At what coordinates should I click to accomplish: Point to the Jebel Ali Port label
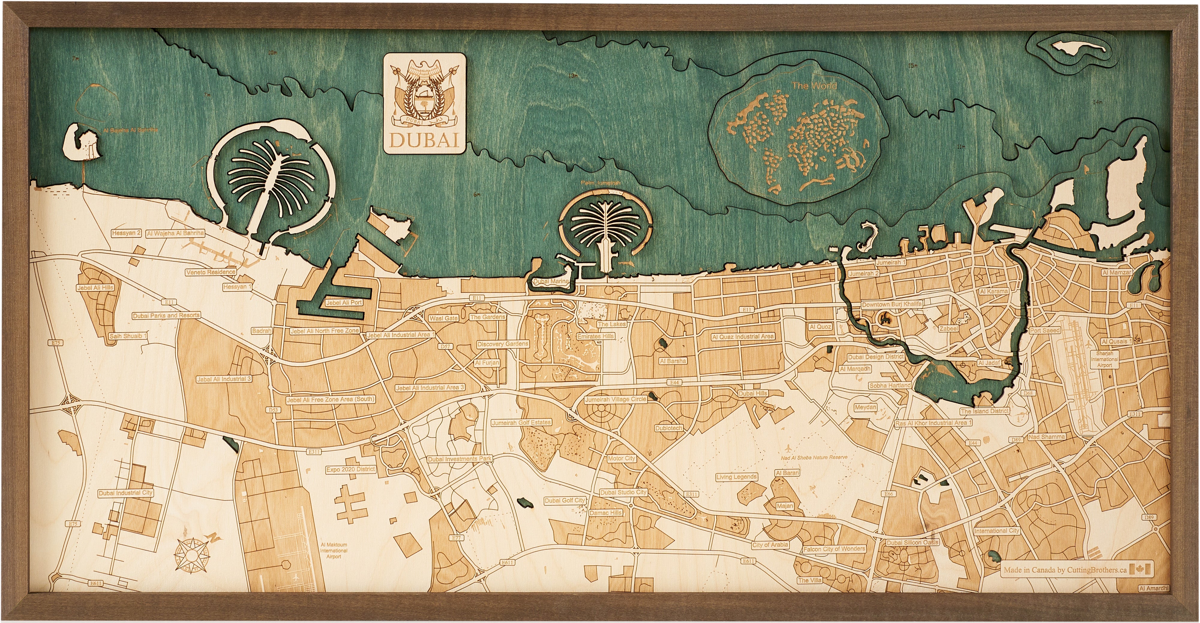click(344, 302)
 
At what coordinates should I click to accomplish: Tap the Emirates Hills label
click(595, 336)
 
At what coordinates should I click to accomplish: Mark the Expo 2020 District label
click(350, 469)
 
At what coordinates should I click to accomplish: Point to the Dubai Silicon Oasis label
click(912, 542)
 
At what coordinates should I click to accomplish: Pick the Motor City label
click(621, 459)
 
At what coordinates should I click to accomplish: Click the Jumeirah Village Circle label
click(615, 399)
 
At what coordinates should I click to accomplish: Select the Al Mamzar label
click(1117, 272)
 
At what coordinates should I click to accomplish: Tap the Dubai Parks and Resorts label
click(166, 315)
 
